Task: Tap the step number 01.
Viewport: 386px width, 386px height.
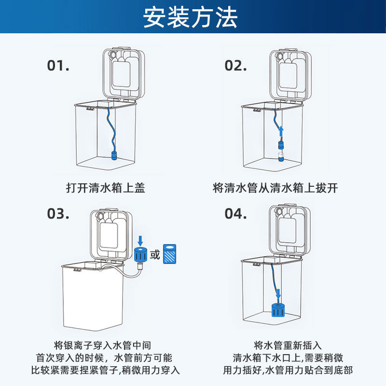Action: (58, 66)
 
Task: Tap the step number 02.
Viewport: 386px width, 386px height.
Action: (235, 66)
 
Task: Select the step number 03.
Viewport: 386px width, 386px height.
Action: (58, 213)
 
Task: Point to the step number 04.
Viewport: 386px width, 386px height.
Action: (235, 213)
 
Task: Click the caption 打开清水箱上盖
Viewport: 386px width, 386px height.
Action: (105, 188)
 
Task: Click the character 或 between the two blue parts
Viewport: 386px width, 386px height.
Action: (155, 254)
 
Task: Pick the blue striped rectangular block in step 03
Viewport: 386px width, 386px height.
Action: (170, 254)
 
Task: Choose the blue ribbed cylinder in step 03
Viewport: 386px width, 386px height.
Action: (140, 254)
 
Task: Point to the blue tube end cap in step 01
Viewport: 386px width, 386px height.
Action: (115, 156)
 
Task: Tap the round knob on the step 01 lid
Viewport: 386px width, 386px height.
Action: (113, 55)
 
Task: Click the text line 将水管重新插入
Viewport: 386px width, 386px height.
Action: (288, 345)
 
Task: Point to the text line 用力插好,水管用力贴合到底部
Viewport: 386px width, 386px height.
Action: (288, 371)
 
